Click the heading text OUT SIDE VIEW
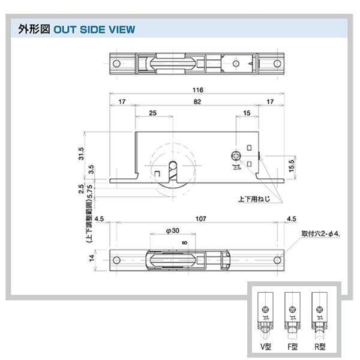94,29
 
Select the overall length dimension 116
197,90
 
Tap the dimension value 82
197,103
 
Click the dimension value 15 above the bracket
247,113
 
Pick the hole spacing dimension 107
197,218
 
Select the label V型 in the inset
265,346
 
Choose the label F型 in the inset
292,346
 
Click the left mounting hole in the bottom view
117,260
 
